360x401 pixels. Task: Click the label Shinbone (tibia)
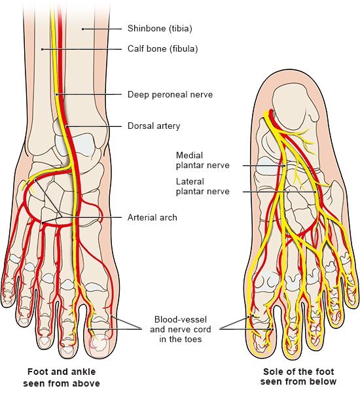pos(160,28)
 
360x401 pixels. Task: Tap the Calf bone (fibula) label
pos(163,49)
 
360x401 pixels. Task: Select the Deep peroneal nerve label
pos(170,95)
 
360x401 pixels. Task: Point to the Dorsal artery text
pos(154,126)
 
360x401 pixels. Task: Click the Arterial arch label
pos(153,217)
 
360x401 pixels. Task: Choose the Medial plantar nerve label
pos(203,160)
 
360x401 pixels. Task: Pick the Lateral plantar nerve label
pos(203,186)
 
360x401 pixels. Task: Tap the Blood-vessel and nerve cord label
pos(181,329)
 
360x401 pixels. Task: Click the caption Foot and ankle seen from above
pos(62,377)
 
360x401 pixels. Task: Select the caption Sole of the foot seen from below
pos(298,376)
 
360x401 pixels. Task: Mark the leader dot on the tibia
pos(83,29)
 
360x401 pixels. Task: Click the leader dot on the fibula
pos(42,49)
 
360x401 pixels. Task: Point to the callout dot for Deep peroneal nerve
pos(57,95)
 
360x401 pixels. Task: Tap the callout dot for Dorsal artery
pos(66,126)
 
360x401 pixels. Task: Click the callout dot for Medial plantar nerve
pos(284,166)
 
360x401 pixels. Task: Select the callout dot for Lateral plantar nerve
pos(315,192)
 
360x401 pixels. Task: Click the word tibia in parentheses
pos(180,28)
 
